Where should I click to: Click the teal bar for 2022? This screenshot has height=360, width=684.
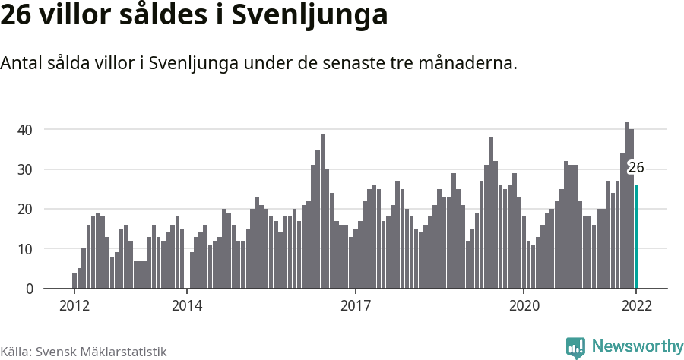coord(636,237)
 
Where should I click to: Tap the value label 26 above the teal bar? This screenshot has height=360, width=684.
coord(636,168)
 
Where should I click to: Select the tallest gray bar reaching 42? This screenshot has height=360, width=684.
coord(627,205)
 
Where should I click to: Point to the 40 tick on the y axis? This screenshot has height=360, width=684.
coord(25,130)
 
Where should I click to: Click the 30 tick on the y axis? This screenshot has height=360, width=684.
coord(25,169)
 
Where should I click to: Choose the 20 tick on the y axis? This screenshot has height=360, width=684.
coord(25,209)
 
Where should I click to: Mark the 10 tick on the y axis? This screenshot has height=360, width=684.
coord(25,249)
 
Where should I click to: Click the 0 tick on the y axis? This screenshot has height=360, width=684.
coord(29,289)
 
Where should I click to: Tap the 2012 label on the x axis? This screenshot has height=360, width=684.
coord(74,306)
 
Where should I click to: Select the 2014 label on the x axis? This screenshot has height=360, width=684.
coord(186,306)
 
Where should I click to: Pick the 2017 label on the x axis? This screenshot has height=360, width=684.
coord(355,306)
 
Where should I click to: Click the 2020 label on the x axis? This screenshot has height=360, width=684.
coord(524,306)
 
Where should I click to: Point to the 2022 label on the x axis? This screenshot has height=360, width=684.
coord(636,306)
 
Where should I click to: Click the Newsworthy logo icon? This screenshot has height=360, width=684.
coord(575,347)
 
